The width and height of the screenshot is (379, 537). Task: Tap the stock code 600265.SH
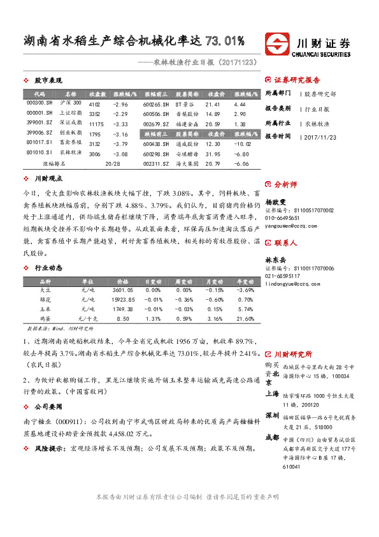(x=155, y=103)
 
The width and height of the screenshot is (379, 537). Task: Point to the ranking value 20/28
(x=112, y=164)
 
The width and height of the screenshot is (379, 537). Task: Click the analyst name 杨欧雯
(x=276, y=201)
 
